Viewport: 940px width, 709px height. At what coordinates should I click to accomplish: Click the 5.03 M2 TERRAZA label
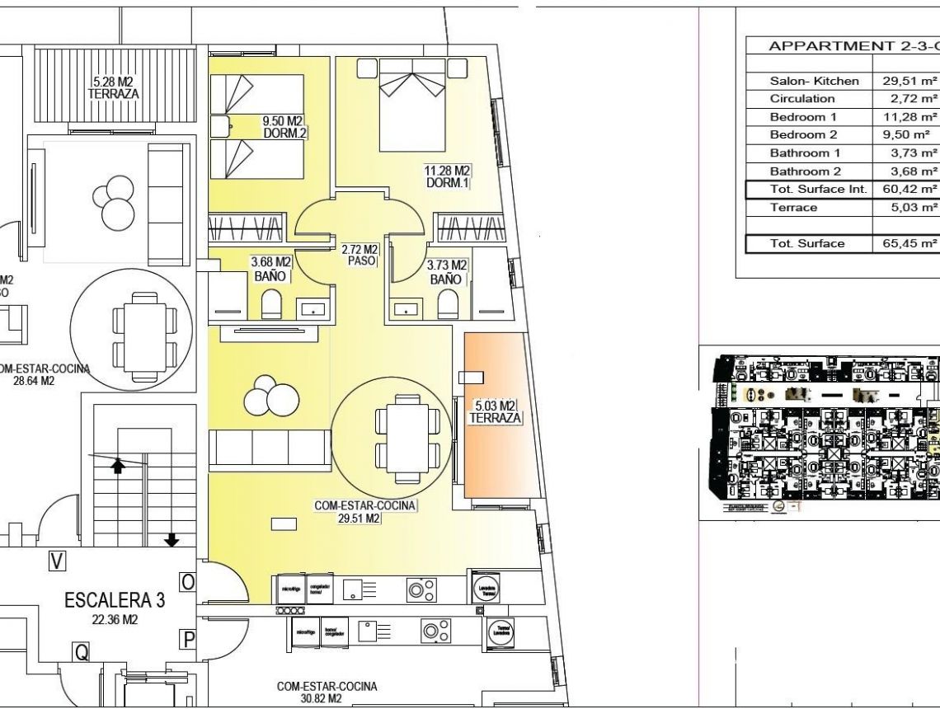coord(495,412)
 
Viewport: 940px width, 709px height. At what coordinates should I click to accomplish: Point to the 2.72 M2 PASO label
coord(360,255)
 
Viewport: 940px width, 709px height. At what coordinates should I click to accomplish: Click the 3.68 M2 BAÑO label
coord(270,270)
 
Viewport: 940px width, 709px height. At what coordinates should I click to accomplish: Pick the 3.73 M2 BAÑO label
coord(446,272)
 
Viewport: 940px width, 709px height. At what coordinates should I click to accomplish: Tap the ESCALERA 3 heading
coord(115,600)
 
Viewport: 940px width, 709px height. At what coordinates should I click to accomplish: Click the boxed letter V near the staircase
coord(57,561)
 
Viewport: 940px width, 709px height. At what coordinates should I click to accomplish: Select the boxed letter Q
coord(82,652)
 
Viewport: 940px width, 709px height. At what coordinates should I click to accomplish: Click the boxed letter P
coord(189,638)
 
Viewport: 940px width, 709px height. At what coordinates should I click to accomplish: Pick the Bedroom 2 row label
coord(803,134)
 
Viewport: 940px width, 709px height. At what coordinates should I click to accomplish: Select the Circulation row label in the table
coord(801,99)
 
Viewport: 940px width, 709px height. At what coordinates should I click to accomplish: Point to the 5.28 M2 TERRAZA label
coord(113,88)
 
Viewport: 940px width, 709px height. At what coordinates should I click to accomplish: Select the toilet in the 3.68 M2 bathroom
coord(272,306)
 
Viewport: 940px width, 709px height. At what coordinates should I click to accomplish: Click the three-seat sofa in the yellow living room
coord(269,448)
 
